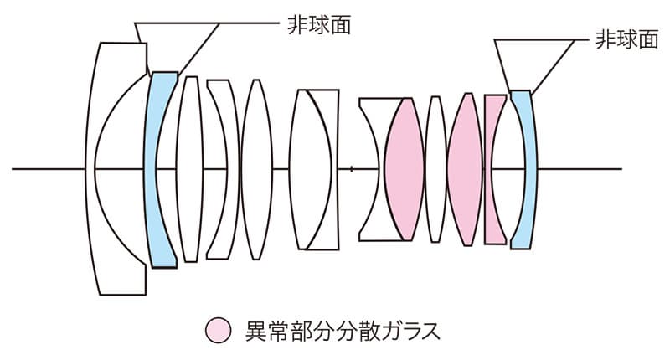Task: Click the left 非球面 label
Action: [317, 24]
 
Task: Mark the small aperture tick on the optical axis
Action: [352, 169]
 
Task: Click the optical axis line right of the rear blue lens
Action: [586, 169]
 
